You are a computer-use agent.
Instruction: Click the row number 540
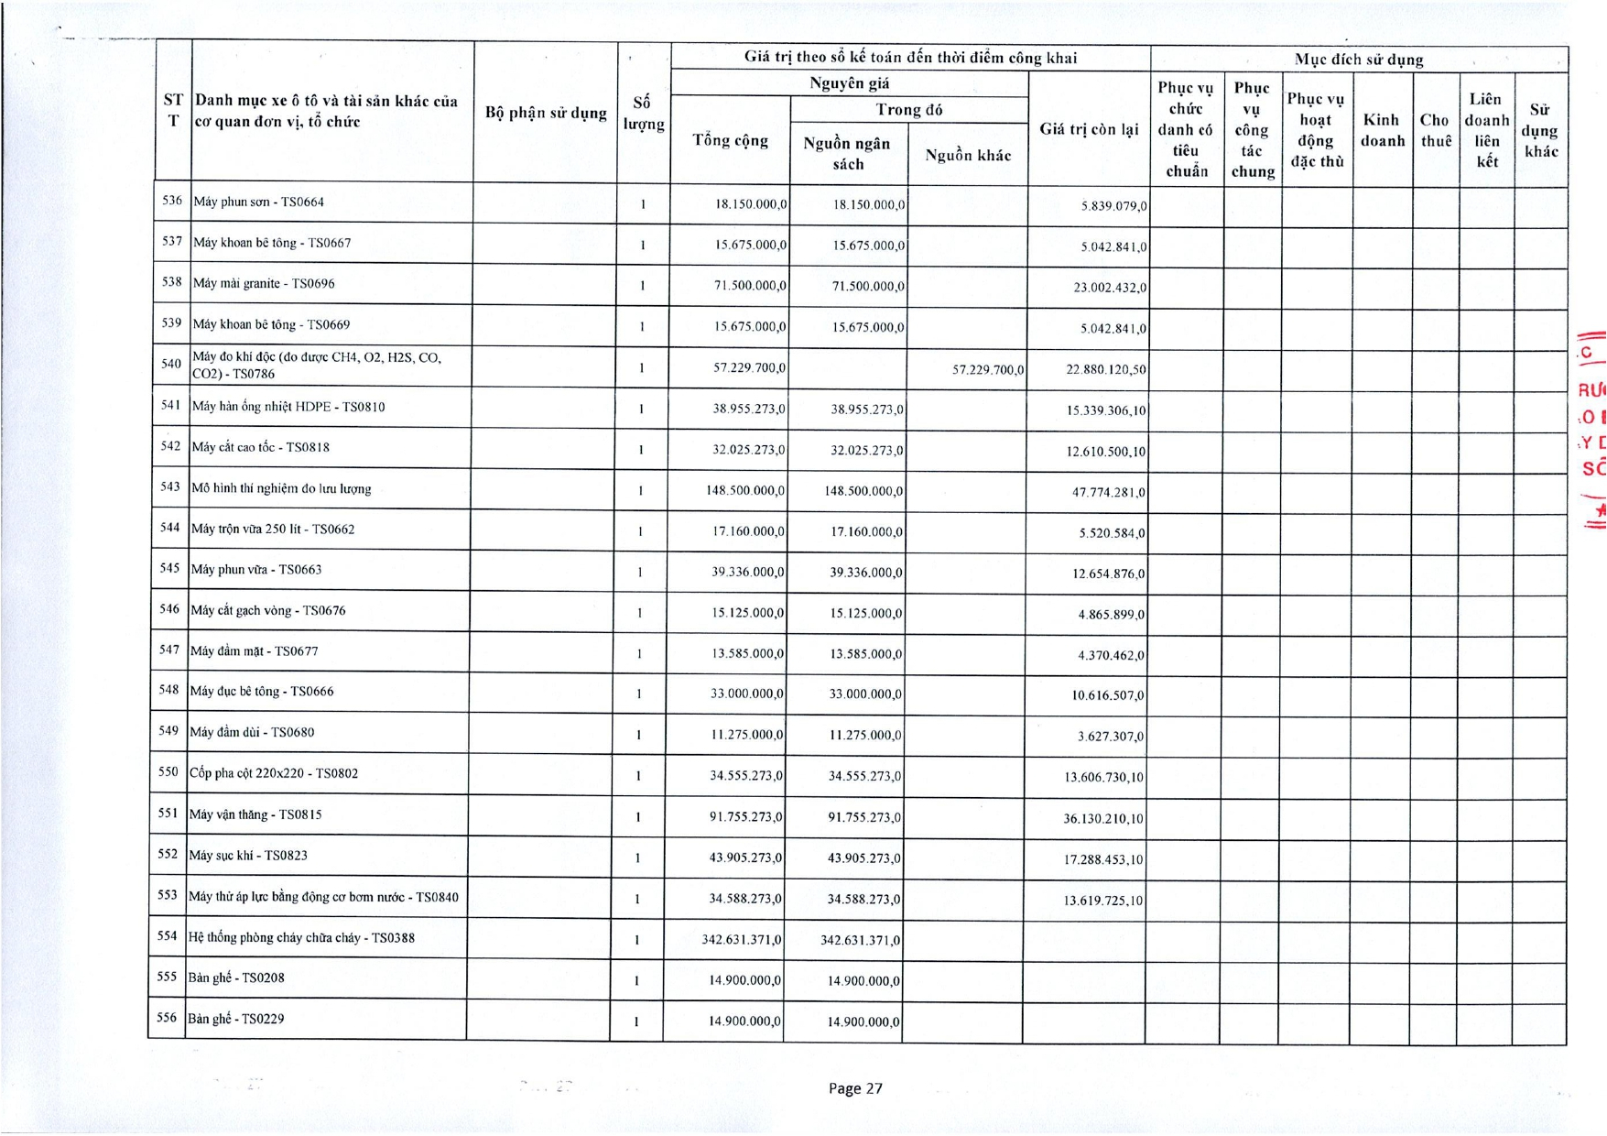(171, 365)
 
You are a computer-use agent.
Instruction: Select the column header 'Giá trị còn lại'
(1089, 129)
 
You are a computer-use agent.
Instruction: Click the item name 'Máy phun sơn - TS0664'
(259, 202)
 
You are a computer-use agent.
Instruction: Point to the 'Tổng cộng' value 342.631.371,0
(742, 940)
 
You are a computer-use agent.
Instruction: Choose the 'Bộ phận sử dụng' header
(546, 113)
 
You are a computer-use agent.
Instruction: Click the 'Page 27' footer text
(855, 1088)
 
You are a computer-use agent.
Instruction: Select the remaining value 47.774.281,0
(1108, 493)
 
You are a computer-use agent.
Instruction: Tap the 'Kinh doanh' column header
(1382, 130)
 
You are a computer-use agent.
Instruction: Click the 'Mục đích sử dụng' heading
(1359, 60)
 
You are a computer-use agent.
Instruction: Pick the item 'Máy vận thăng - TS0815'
(255, 814)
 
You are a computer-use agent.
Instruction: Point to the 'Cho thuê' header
(1435, 130)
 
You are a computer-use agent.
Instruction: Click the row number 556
(167, 1018)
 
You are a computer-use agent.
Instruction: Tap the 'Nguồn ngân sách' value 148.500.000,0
(863, 491)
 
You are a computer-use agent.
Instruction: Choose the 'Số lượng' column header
(644, 114)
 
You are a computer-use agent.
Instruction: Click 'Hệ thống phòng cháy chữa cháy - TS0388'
(301, 938)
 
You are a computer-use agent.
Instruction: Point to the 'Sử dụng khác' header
(1539, 130)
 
